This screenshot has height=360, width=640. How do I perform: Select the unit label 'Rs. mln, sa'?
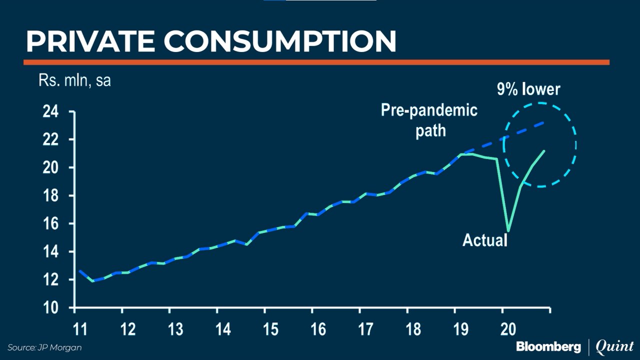click(74, 80)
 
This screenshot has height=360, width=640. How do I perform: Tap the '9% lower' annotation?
click(528, 89)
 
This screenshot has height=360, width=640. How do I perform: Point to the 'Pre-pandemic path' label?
click(429, 120)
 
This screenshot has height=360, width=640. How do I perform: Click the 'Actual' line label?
click(484, 240)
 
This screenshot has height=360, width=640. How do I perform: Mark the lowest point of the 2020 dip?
click(508, 230)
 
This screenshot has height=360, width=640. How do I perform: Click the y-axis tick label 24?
click(50, 112)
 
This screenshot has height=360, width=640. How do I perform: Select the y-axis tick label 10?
click(50, 308)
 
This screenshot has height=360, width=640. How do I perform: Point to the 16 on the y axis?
click(50, 224)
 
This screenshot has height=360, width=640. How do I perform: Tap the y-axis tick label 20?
click(50, 168)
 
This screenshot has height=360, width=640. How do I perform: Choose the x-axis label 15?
click(270, 329)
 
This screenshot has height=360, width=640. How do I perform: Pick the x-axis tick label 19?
click(460, 329)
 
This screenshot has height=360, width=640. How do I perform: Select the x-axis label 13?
click(175, 329)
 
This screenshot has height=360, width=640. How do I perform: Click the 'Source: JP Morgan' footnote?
click(44, 347)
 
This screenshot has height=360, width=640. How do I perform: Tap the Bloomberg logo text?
click(548, 346)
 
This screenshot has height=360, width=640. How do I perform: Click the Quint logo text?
click(614, 346)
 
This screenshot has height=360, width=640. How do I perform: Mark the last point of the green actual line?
click(544, 150)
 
